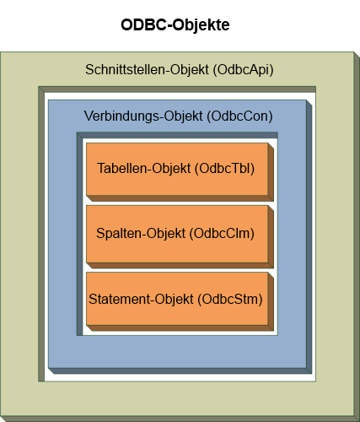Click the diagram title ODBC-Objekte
coord(175,25)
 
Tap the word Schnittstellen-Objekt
coord(147,70)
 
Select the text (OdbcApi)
coord(243,70)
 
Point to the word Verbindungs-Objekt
coord(143,116)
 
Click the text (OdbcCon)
coord(239,116)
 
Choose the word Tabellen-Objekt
coord(144,169)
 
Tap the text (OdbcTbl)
coord(225,169)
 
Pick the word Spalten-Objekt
coord(141,234)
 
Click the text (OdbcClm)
coord(222,234)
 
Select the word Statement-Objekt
coord(141,299)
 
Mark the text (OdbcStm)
coord(230,299)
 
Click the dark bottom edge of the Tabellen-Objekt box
coord(180,198)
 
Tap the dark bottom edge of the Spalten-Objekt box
coord(180,265)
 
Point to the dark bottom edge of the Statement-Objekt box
coord(180,327)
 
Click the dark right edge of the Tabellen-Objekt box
coord(271,172)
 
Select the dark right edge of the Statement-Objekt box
coord(271,301)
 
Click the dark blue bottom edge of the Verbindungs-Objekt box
coord(180,371)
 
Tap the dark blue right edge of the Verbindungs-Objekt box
coord(309,237)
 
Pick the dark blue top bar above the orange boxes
coord(177,135)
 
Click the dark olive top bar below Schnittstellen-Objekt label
coord(177,89)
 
